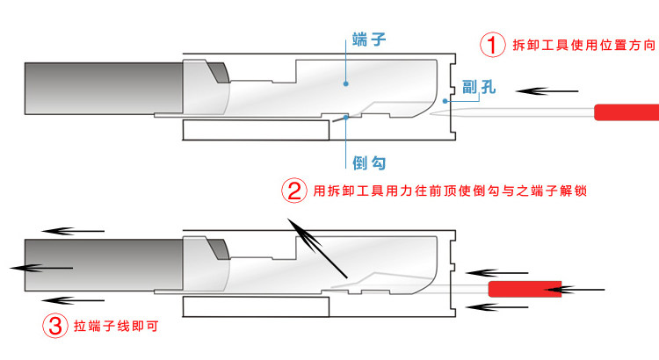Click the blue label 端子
(x=368, y=40)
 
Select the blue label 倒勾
(x=368, y=162)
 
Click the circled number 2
(x=293, y=190)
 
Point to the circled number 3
(x=54, y=328)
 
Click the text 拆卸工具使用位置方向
(x=583, y=44)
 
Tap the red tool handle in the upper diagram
(x=626, y=112)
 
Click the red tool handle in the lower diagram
(x=525, y=289)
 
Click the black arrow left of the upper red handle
(x=547, y=90)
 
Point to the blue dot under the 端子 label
(x=347, y=84)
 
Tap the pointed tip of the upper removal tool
(x=436, y=115)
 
